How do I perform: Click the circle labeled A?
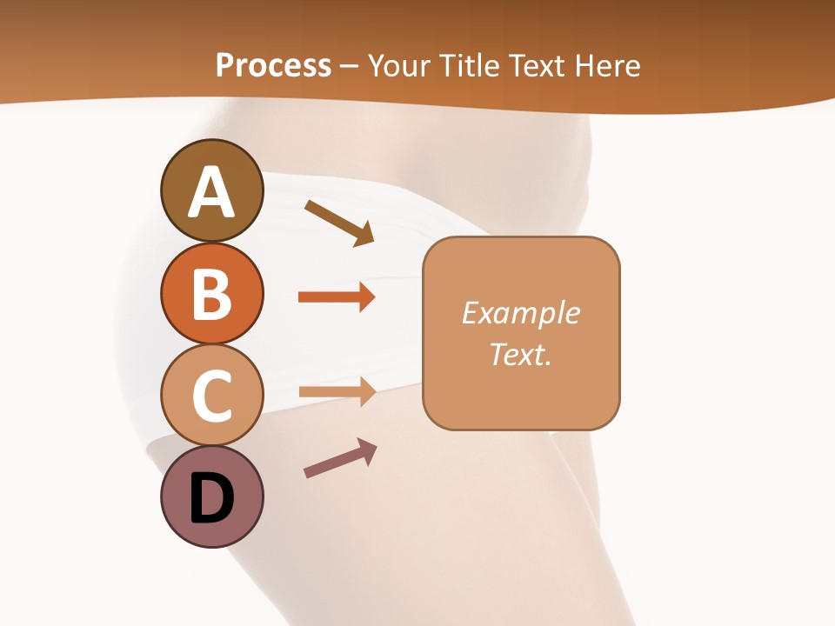(x=211, y=190)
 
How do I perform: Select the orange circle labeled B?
(x=211, y=293)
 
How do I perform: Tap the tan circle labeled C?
(x=211, y=395)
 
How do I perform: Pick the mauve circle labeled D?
(x=211, y=496)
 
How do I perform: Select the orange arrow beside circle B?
(x=336, y=297)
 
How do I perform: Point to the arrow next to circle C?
(x=336, y=393)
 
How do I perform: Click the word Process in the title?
(x=273, y=65)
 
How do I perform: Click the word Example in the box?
(x=520, y=313)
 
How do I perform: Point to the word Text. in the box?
(x=520, y=354)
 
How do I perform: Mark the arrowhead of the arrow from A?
(x=364, y=235)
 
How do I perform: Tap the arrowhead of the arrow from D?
(x=367, y=450)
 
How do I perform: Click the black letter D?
(x=211, y=499)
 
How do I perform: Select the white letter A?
(x=211, y=192)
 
